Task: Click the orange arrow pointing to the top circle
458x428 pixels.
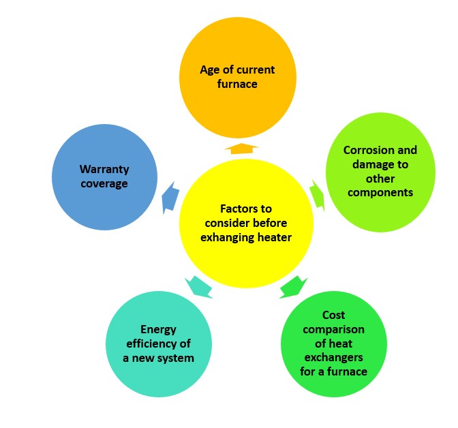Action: coord(241,149)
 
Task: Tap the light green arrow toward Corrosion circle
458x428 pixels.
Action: coord(318,195)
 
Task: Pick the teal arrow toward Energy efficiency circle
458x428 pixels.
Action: coord(198,287)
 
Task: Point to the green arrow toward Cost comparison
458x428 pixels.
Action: coord(293,287)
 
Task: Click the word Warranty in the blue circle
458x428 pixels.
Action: coord(104,170)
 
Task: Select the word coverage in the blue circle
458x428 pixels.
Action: coord(104,184)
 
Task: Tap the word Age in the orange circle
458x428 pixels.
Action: coord(210,70)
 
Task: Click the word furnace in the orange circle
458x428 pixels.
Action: coord(237,84)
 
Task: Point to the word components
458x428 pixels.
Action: coord(380,193)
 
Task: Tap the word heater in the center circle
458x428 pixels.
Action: coord(274,238)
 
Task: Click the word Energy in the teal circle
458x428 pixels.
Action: coord(158,330)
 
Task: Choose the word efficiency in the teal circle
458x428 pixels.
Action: coord(149,344)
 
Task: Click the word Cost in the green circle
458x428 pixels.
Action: coord(333,315)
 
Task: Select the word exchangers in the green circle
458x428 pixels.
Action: coord(333,358)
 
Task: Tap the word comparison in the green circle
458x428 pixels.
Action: coord(333,330)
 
